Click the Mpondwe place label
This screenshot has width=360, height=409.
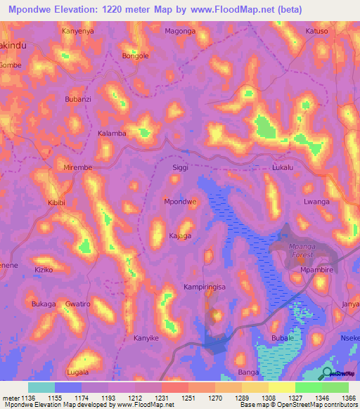pos(180,202)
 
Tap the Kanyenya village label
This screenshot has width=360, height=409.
pos(78,31)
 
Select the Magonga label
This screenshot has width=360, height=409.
pos(180,31)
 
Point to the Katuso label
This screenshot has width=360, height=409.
pos(317,31)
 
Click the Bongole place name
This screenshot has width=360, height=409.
pos(136,55)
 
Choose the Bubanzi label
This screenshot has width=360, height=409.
pos(78,100)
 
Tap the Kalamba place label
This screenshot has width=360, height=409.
pos(112,134)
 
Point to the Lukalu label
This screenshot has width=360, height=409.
pos(285,169)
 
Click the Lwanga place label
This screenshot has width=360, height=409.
pos(316,202)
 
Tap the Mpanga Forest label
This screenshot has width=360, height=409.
pos(304,251)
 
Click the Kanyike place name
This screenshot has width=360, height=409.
pos(146,338)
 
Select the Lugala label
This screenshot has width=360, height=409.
pos(77,372)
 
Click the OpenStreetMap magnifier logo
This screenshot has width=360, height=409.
pos(327,372)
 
